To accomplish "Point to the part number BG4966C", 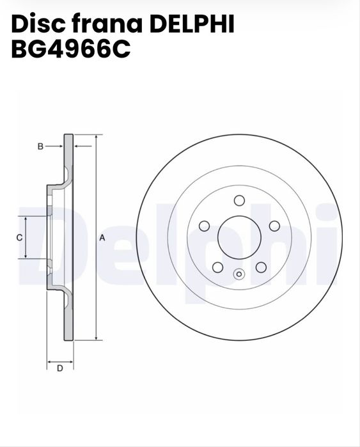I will (x=70, y=49).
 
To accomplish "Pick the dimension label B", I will (x=40, y=146).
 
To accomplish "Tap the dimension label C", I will (x=19, y=237).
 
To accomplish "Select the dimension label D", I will (x=59, y=368).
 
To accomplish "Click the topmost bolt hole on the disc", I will (x=239, y=200).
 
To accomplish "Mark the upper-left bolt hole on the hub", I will (x=205, y=226).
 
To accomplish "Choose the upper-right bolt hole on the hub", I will (x=274, y=226).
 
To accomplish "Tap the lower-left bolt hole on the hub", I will (x=217, y=267).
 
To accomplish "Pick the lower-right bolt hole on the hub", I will (x=261, y=267).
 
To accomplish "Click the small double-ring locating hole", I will (x=239, y=274).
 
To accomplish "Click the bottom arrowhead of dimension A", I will (x=95, y=336).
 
